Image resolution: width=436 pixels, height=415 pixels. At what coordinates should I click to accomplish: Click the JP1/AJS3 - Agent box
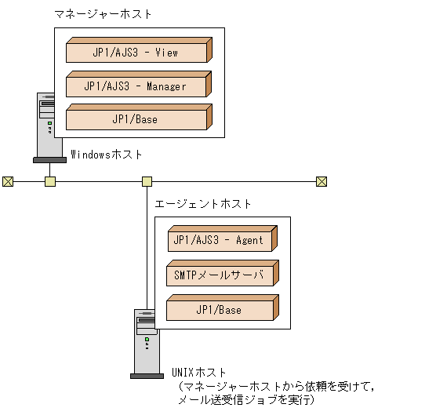(x=220, y=240)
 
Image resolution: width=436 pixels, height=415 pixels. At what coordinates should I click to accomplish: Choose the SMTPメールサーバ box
(x=220, y=275)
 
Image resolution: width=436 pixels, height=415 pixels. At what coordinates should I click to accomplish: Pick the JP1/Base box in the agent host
(x=220, y=310)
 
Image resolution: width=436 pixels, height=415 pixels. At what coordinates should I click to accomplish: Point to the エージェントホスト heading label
(x=203, y=203)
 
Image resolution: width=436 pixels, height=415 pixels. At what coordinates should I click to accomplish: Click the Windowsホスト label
(x=107, y=155)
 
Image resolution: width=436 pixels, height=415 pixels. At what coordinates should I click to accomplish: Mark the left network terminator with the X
(x=8, y=182)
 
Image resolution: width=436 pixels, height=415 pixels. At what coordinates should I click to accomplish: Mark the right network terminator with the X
(x=321, y=182)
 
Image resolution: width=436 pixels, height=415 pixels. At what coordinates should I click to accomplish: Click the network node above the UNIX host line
(x=147, y=182)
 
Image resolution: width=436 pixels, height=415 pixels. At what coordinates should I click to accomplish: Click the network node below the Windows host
(x=50, y=182)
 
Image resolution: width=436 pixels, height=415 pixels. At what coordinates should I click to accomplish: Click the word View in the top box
(x=166, y=53)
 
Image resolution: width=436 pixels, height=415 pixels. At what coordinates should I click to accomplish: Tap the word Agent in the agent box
(x=249, y=240)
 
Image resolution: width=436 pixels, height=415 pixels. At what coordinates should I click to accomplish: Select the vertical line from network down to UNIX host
(x=147, y=251)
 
